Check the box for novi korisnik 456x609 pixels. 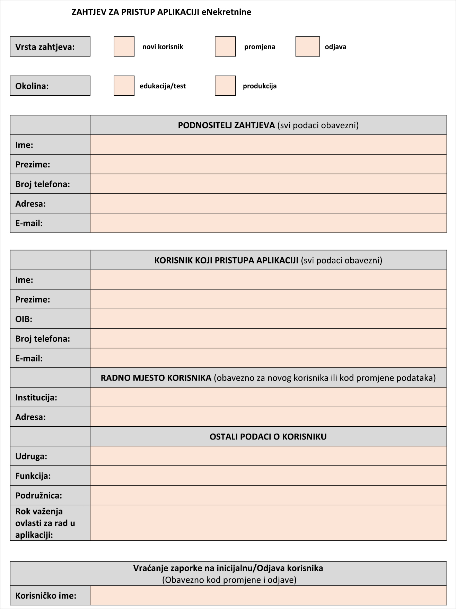124,46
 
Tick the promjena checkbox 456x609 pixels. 225,46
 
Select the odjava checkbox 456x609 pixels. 307,46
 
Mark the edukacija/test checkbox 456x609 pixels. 124,86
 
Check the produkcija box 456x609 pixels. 225,86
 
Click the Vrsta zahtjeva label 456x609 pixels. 45,47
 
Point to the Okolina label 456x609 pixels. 32,86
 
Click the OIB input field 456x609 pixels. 268,319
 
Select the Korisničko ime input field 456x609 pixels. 268,595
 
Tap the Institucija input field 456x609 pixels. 268,397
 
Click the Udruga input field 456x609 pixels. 268,456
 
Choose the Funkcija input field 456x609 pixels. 268,476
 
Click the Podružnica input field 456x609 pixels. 268,495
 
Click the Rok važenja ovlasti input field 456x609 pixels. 268,523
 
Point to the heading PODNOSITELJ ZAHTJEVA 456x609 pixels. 226,125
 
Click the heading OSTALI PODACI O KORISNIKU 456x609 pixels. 268,436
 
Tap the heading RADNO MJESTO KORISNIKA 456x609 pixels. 156,378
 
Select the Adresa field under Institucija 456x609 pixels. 268,417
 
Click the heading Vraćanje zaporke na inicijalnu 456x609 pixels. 228,568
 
